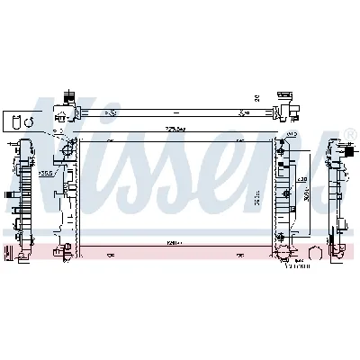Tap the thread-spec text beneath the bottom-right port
click(296, 265)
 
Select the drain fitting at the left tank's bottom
click(63, 253)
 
